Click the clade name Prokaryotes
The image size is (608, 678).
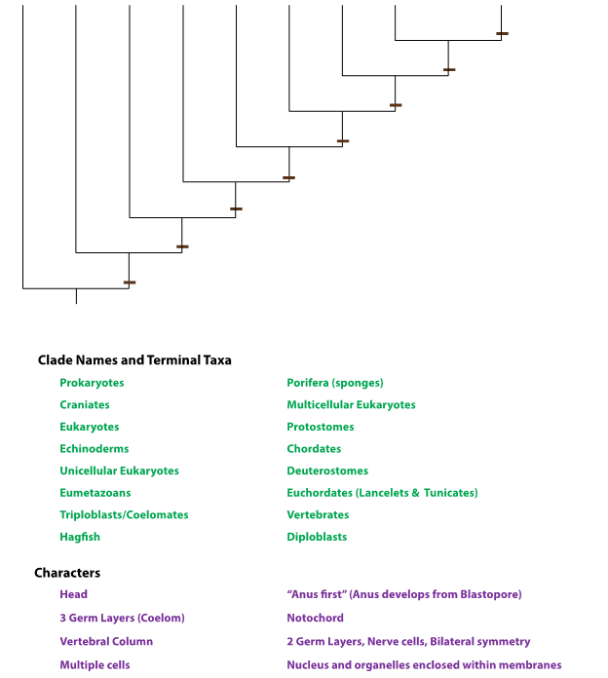(92, 383)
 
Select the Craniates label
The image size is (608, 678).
(85, 404)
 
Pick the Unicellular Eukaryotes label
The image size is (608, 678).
(119, 471)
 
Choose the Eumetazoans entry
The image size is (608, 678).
(95, 493)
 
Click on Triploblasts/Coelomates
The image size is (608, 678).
(124, 514)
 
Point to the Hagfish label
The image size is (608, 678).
(80, 537)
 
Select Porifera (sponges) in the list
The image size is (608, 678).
(335, 383)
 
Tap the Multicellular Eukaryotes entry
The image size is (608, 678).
(351, 404)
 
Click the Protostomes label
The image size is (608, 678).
(321, 427)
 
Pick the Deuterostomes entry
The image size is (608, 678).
(327, 471)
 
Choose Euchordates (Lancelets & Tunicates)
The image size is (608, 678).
(382, 493)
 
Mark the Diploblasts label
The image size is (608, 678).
(317, 537)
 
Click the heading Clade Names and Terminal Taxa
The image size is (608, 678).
(134, 359)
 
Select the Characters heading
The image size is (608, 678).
(67, 573)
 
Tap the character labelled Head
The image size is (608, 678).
(73, 594)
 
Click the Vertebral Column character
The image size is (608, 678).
(106, 641)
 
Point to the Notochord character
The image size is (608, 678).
(315, 618)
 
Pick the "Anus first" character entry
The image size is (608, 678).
(403, 594)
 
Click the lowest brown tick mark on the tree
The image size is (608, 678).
(130, 282)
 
